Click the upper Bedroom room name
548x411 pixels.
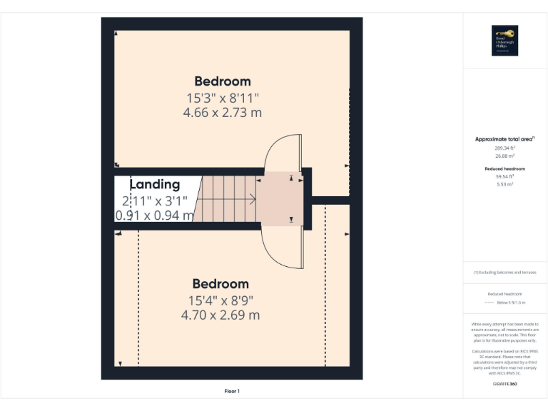222,81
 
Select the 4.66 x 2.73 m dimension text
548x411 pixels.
222,112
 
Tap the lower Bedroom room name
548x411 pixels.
220,284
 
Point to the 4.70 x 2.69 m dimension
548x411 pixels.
220,315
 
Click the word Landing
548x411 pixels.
154,185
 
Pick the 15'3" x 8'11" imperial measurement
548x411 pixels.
222,97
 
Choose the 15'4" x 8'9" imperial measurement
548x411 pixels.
220,300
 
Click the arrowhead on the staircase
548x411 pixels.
253,201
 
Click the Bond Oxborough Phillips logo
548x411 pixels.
504,41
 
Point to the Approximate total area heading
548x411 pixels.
504,139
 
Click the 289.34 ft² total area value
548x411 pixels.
504,148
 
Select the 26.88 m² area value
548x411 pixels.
504,156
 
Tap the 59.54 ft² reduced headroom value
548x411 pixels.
504,177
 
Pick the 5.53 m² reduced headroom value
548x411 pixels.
504,184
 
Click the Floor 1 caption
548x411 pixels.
232,391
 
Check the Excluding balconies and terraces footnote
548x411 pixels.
504,273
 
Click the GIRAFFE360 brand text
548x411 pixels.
504,385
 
